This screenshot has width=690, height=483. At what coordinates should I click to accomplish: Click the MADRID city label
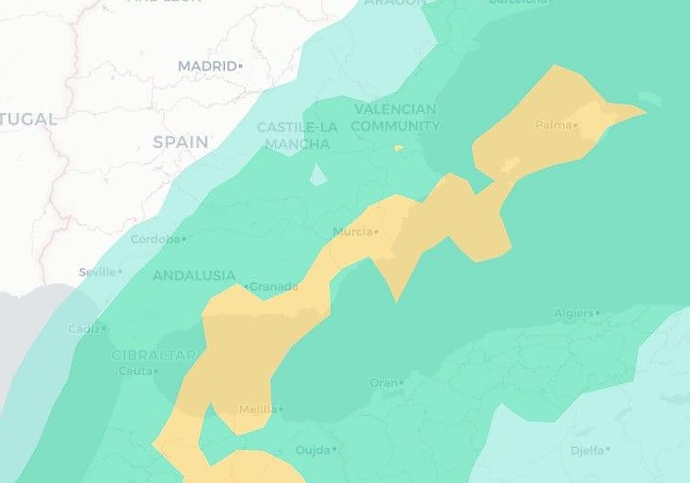click(207, 66)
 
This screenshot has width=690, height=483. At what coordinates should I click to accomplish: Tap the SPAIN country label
click(181, 142)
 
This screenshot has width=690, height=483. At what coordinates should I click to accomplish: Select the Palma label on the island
click(553, 125)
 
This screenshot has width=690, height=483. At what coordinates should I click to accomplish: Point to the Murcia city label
click(352, 232)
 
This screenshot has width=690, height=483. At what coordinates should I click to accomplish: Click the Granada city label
click(274, 286)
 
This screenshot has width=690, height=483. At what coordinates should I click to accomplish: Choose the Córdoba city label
click(155, 239)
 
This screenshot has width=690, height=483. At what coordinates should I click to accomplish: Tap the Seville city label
click(97, 272)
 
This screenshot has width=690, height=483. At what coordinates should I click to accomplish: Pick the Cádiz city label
click(84, 329)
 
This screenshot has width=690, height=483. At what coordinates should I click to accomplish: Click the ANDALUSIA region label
click(194, 275)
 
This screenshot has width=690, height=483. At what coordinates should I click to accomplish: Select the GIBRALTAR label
click(154, 355)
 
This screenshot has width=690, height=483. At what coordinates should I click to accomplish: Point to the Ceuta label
click(135, 371)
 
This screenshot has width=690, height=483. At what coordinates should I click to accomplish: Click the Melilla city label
click(258, 409)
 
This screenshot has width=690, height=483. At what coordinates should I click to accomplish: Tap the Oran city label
click(383, 382)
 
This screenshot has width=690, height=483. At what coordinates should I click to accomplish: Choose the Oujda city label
click(313, 450)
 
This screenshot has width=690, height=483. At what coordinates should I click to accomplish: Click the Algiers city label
click(573, 313)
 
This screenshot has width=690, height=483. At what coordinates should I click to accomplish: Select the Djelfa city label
click(587, 450)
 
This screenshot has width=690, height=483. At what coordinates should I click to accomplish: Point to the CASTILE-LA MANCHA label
click(297, 136)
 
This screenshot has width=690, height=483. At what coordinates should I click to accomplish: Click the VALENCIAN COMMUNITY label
click(395, 117)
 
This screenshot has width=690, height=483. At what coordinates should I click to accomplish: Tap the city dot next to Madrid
click(240, 67)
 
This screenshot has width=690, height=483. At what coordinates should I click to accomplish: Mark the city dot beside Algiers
click(597, 313)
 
